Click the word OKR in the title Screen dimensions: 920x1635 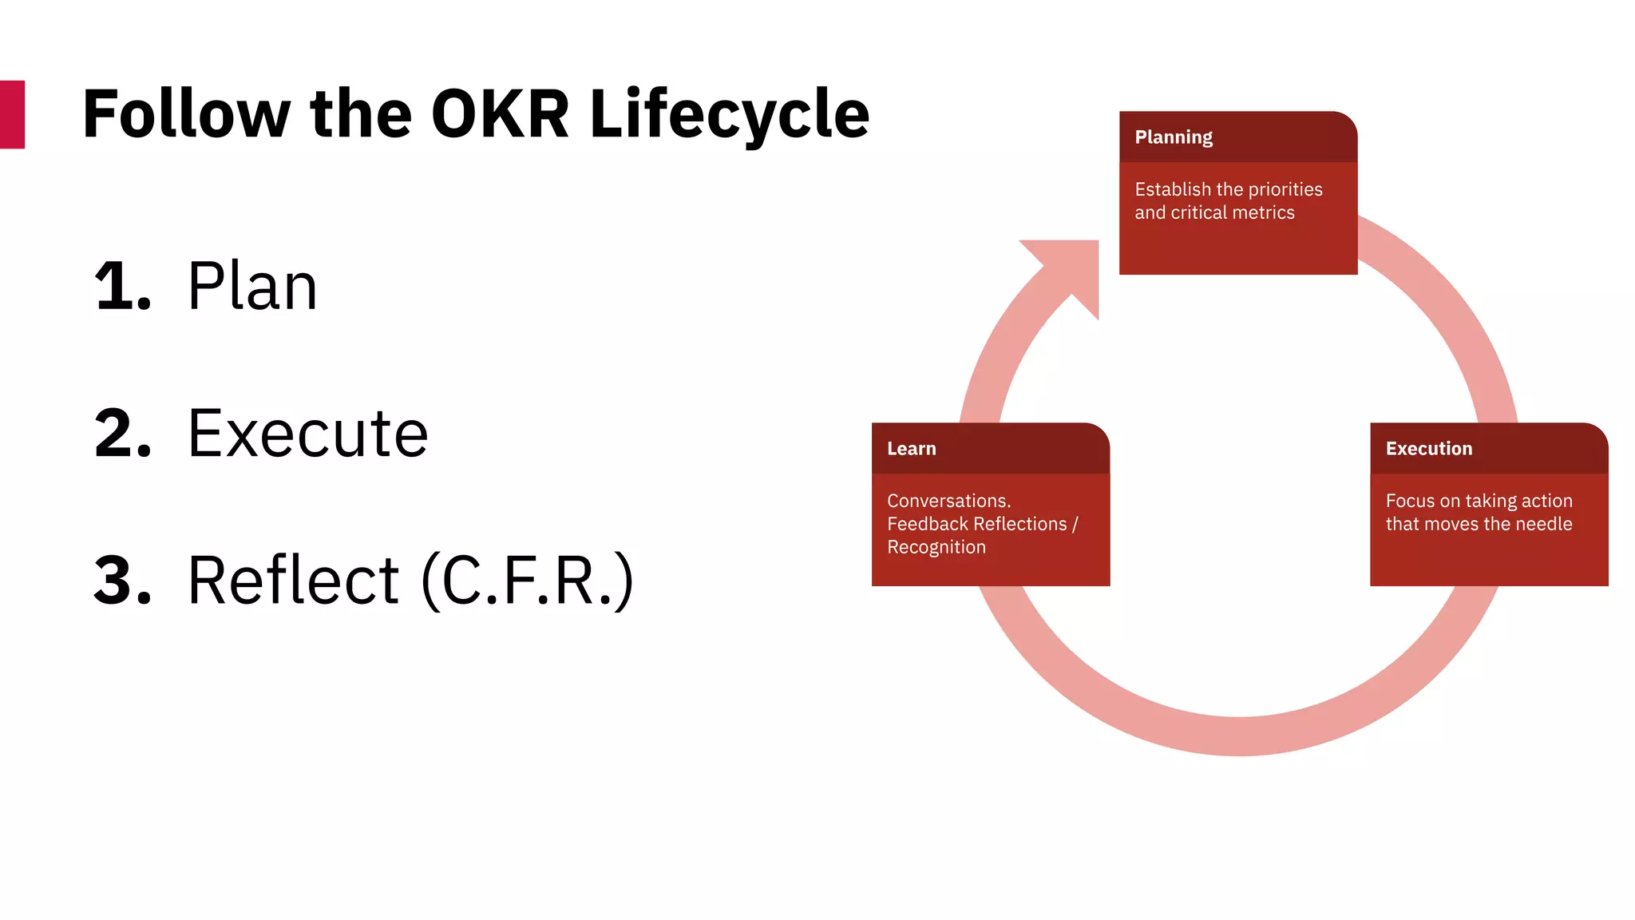click(500, 114)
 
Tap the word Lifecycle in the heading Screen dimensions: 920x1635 click(729, 114)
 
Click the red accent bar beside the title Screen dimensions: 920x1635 click(12, 114)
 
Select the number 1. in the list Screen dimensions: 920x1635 click(122, 287)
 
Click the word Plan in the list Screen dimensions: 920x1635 click(252, 287)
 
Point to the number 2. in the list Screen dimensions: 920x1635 click(122, 434)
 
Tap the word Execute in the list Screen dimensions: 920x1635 click(307, 434)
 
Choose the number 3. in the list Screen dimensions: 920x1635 click(122, 581)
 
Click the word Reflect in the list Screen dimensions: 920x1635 click(293, 581)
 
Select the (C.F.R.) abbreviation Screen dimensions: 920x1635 click(527, 581)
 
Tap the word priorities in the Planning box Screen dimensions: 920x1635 click(1285, 189)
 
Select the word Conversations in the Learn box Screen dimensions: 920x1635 click(948, 501)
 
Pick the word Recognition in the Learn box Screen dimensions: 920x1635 click(936, 547)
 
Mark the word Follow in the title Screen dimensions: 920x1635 click(186, 114)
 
